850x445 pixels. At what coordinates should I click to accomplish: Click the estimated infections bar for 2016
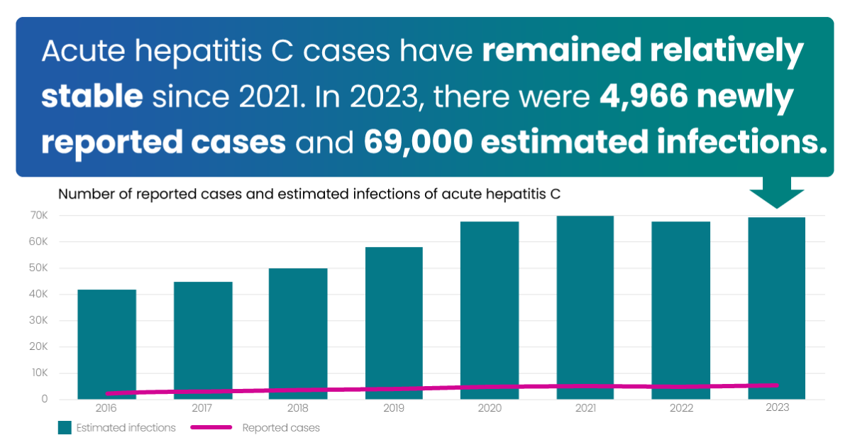pyautogui.click(x=106, y=341)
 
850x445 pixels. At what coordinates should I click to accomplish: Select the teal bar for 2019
pyautogui.click(x=394, y=319)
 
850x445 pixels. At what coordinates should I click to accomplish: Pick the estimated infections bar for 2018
pyautogui.click(x=298, y=330)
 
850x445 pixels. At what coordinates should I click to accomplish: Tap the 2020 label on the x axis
pyautogui.click(x=490, y=408)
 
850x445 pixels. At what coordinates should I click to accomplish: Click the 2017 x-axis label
pyautogui.click(x=203, y=408)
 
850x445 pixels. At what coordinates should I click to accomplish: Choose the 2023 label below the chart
pyautogui.click(x=777, y=408)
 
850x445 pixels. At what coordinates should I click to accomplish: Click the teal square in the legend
pyautogui.click(x=65, y=427)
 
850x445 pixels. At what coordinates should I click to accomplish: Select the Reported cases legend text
pyautogui.click(x=281, y=428)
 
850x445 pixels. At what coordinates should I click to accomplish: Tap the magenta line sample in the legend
pyautogui.click(x=210, y=427)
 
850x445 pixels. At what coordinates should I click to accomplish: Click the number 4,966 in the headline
pyautogui.click(x=643, y=98)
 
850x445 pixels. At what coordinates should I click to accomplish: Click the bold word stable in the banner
pyautogui.click(x=92, y=98)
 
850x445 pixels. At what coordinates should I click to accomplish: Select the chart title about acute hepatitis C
pyautogui.click(x=309, y=194)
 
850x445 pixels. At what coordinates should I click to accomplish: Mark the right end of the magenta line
pyautogui.click(x=777, y=385)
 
